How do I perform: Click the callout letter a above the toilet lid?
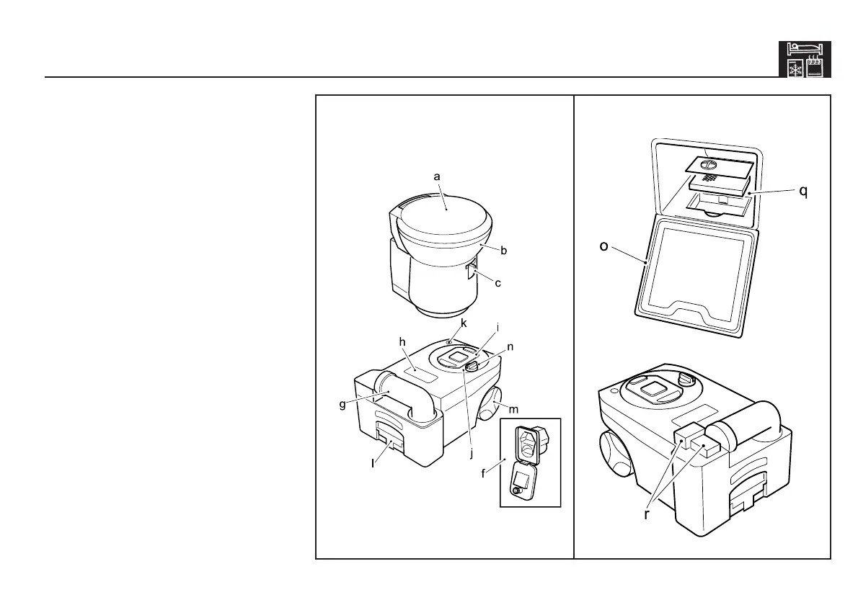(x=436, y=176)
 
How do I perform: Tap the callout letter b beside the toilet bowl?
(x=504, y=251)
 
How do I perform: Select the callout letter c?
(x=497, y=283)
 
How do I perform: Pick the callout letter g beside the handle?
(x=343, y=404)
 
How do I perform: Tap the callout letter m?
(x=515, y=410)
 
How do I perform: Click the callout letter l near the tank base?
(x=373, y=464)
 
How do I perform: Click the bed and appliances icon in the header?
(x=805, y=59)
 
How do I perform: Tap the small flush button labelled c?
(x=471, y=272)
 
